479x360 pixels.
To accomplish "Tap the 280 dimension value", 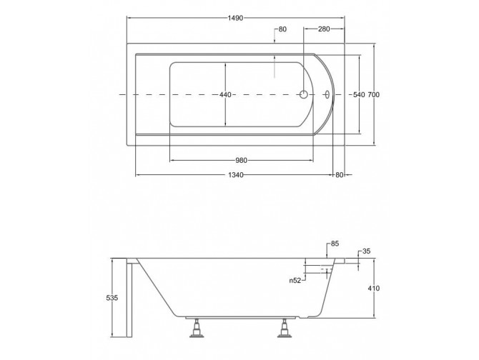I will pos(324,29).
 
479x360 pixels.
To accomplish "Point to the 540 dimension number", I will pos(360,95).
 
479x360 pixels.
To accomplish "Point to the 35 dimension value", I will pos(367,251).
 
